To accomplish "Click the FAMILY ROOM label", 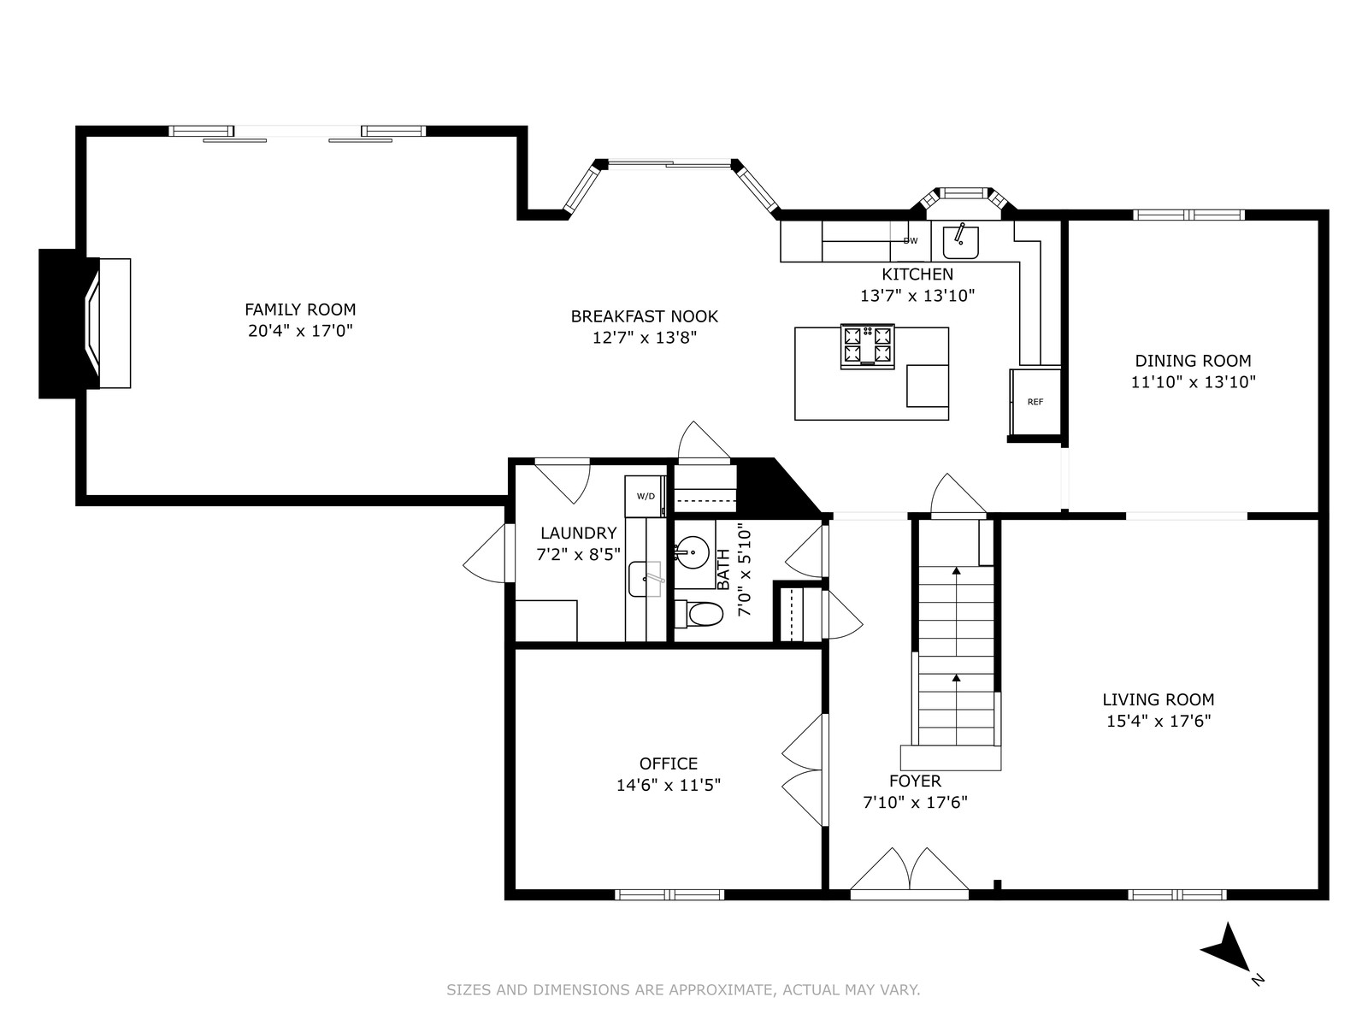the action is pos(300,310).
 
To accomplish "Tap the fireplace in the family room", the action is pos(85,323).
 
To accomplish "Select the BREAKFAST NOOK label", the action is pos(645,316).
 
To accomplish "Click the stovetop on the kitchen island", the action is pos(868,346).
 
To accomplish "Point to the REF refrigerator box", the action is pos(1035,402).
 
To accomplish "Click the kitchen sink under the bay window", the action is pos(960,242).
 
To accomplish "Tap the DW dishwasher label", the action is pos(911,240).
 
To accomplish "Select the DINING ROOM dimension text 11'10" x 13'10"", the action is pos(1193,382).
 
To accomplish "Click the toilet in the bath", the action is pos(699,614).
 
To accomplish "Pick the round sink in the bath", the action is pos(693,552).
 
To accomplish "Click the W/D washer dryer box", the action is pos(646,496).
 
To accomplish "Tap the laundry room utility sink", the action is pos(646,579).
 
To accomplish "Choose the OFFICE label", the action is pos(668,764).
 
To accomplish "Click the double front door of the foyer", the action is pos(910,873).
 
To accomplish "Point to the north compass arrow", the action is pos(1227,949).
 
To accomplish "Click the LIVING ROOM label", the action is pos(1159,699).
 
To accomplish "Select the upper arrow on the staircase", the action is pos(956,611).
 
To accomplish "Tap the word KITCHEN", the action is pos(917,274).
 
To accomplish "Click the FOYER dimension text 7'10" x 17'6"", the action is pos(915,802).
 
